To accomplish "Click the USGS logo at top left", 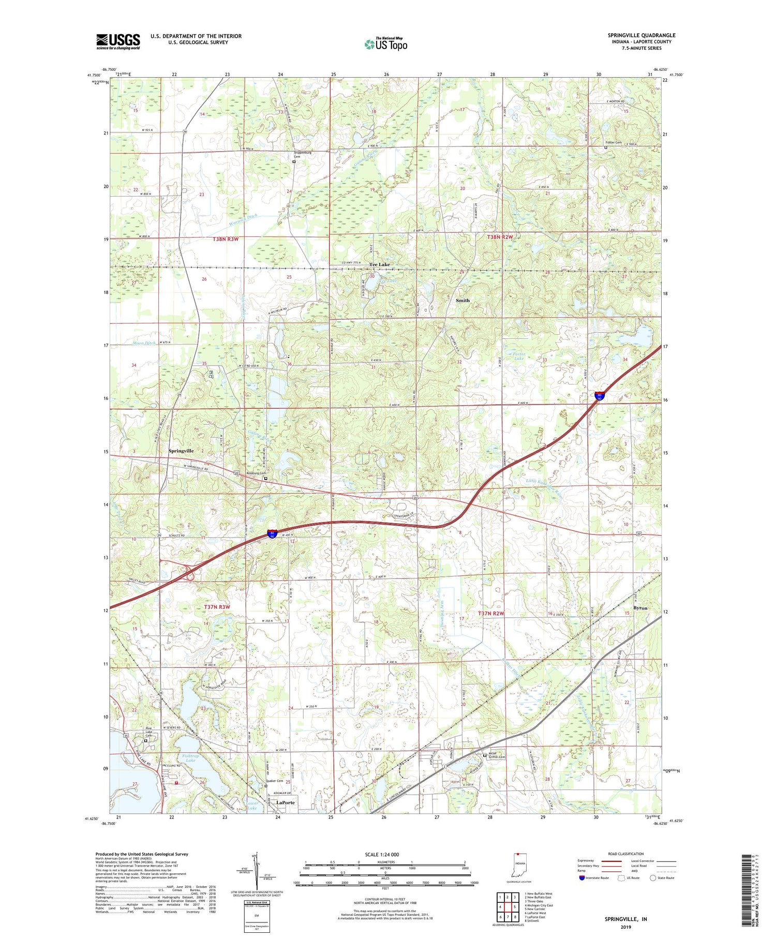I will coord(118,41).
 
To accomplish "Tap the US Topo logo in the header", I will coord(385,44).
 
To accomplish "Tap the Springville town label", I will coord(181,451).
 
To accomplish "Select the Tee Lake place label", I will coord(379,264).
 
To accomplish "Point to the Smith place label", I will coord(462,300).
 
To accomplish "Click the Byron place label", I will coord(640,608).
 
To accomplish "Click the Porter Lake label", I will coord(519,357).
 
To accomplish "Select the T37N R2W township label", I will coord(490,613).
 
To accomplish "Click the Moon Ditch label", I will coord(143,343).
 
